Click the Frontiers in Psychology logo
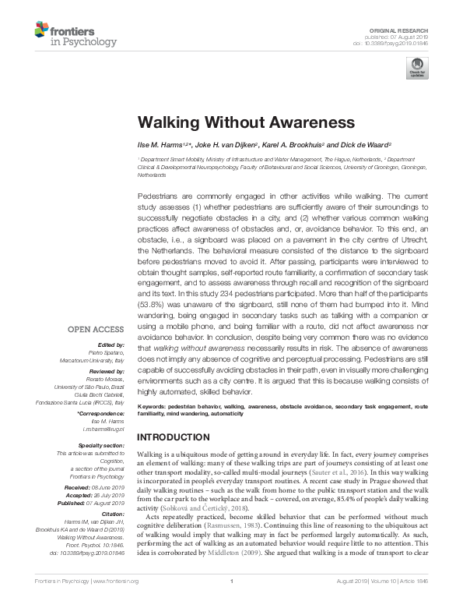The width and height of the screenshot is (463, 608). coord(75,35)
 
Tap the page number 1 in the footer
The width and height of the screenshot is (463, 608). coord(231,603)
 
